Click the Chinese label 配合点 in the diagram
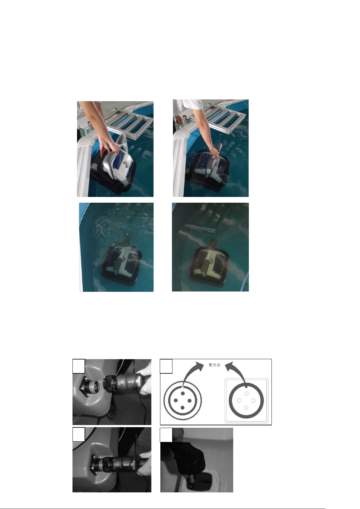pos(215,365)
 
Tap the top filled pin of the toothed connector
pos(182,393)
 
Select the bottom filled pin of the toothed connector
pos(182,408)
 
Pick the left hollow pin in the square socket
pos(239,401)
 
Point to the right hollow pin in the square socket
pos(253,401)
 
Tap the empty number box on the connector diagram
pos(166,366)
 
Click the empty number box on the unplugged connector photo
pos(79,366)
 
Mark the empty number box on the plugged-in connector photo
pos(79,434)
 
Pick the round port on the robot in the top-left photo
pos(125,164)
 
